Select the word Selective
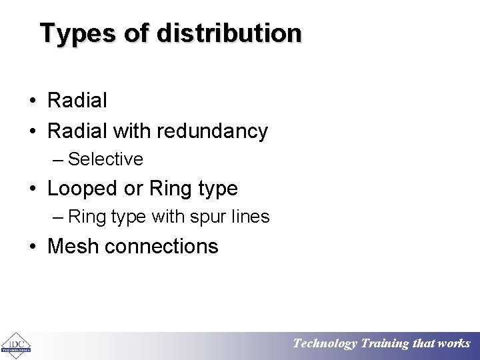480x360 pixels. pos(105,159)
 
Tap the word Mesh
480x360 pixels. pos(73,246)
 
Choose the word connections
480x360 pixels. pos(161,246)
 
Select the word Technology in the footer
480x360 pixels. pos(325,344)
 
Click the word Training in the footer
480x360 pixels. pos(385,344)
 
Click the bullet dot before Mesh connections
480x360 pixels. pos(33,247)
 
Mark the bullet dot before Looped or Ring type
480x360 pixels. pos(33,189)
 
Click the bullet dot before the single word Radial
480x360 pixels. pos(33,101)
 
